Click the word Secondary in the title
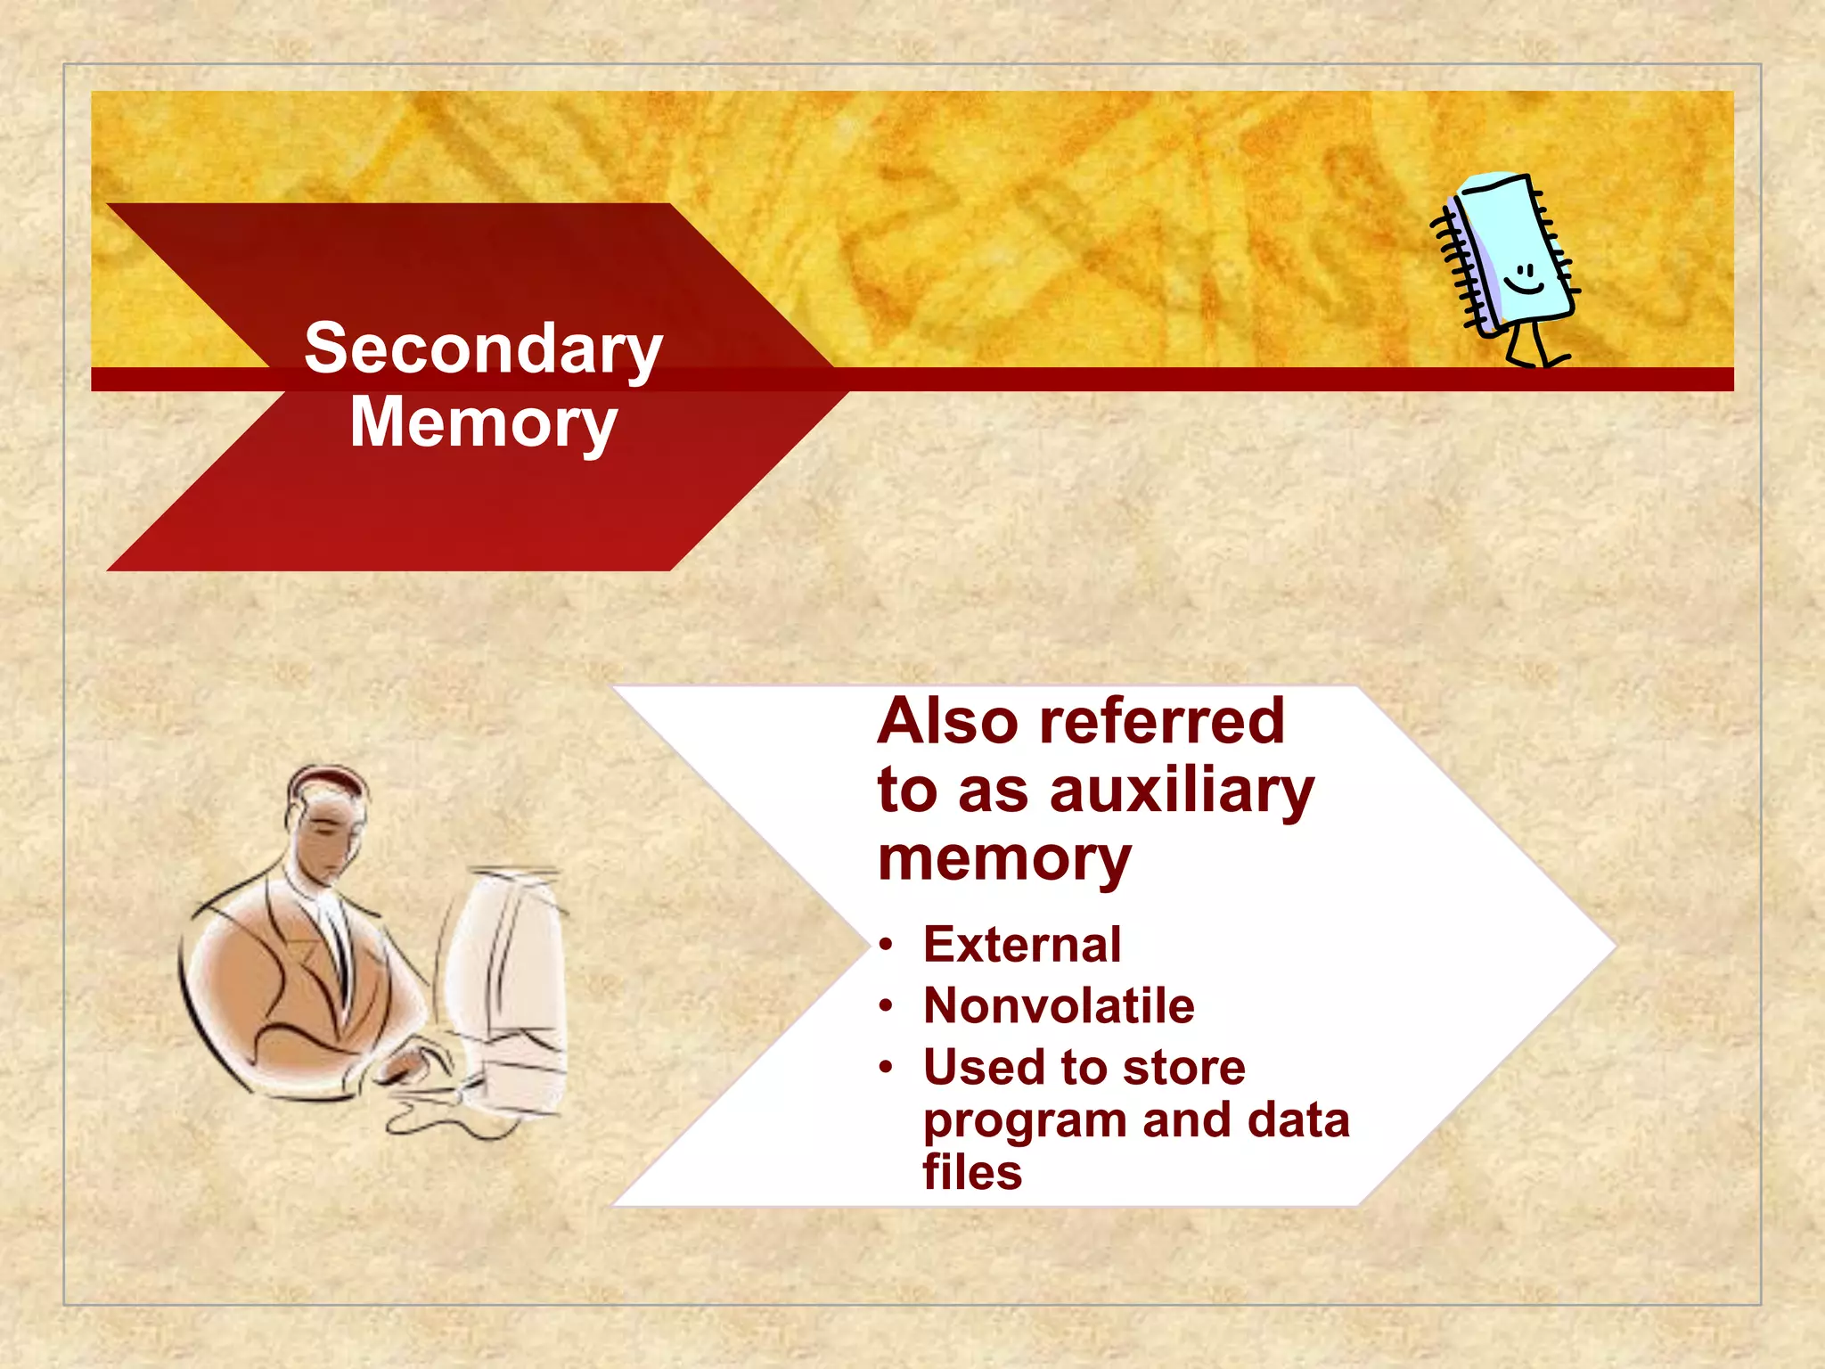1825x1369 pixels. pyautogui.click(x=483, y=349)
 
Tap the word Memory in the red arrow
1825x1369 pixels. pyautogui.click(x=483, y=422)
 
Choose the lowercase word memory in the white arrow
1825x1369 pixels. pyautogui.click(x=1004, y=859)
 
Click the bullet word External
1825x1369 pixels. pyautogui.click(x=1022, y=945)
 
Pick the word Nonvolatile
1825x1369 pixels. pyautogui.click(x=1059, y=1006)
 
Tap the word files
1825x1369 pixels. pyautogui.click(x=972, y=1172)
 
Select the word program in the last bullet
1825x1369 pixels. pyautogui.click(x=1025, y=1121)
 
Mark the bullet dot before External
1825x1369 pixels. pyautogui.click(x=885, y=946)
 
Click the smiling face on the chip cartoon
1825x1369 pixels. pyautogui.click(x=1525, y=278)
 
